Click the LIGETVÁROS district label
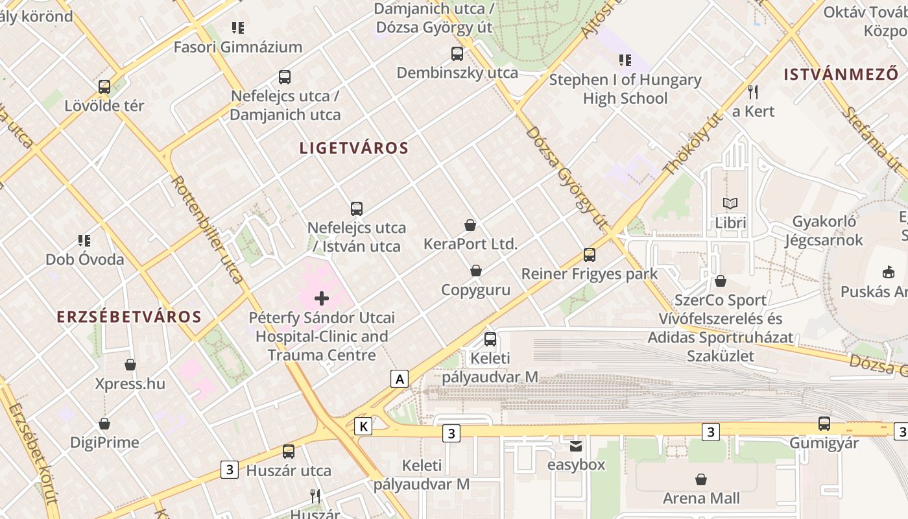pyautogui.click(x=354, y=148)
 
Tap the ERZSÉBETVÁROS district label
pyautogui.click(x=129, y=317)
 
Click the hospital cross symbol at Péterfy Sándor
pyautogui.click(x=322, y=298)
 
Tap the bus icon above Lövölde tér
pyautogui.click(x=104, y=87)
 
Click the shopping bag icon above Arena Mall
pyautogui.click(x=700, y=479)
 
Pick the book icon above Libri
pyautogui.click(x=730, y=204)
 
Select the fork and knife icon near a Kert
pyautogui.click(x=753, y=92)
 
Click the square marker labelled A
pyautogui.click(x=400, y=379)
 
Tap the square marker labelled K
pyautogui.click(x=364, y=426)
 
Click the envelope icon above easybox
pyautogui.click(x=576, y=446)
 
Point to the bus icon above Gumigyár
pyautogui.click(x=824, y=424)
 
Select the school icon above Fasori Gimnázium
pyautogui.click(x=238, y=28)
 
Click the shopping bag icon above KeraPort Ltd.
pyautogui.click(x=470, y=225)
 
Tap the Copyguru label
pyautogui.click(x=476, y=290)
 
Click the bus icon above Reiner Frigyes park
pyautogui.click(x=590, y=255)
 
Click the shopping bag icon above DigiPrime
pyautogui.click(x=104, y=424)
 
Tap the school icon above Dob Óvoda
pyautogui.click(x=84, y=241)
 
